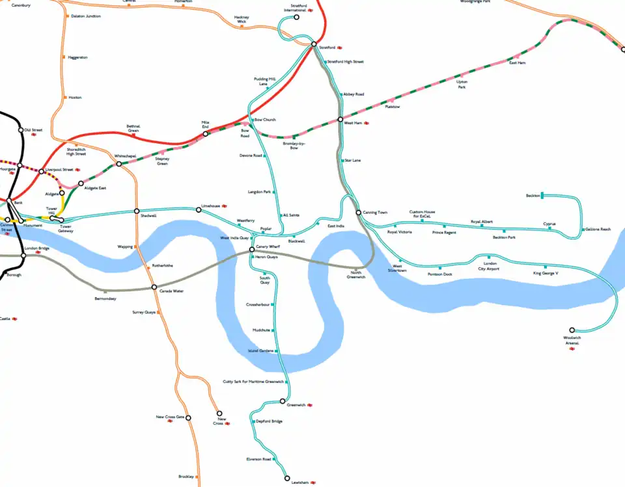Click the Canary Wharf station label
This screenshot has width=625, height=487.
pyautogui.click(x=268, y=247)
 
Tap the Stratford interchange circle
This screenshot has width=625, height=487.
pyautogui.click(x=313, y=45)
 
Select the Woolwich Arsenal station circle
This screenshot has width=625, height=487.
pyautogui.click(x=572, y=330)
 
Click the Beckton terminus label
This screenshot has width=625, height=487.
pyautogui.click(x=533, y=195)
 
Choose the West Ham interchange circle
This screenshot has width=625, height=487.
pyautogui.click(x=340, y=120)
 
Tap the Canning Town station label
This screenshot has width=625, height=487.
pyautogui.click(x=376, y=213)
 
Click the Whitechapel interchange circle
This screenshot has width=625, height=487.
pyautogui.click(x=118, y=164)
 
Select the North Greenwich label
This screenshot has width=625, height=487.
pyautogui.click(x=355, y=274)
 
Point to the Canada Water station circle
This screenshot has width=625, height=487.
pyautogui.click(x=154, y=287)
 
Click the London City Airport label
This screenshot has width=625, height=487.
pyautogui.click(x=488, y=266)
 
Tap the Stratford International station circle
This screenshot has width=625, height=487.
pyautogui.click(x=296, y=17)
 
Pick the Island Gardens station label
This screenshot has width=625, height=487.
pyautogui.click(x=260, y=351)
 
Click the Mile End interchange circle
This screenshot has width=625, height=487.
pyautogui.click(x=205, y=134)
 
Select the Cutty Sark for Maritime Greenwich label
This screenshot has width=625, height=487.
pyautogui.click(x=253, y=382)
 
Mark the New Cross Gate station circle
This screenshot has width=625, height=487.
pyautogui.click(x=189, y=418)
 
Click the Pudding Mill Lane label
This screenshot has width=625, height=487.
pyautogui.click(x=264, y=81)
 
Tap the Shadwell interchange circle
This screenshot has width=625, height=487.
pyautogui.click(x=137, y=211)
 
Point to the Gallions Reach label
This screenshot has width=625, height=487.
pyautogui.click(x=598, y=229)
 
